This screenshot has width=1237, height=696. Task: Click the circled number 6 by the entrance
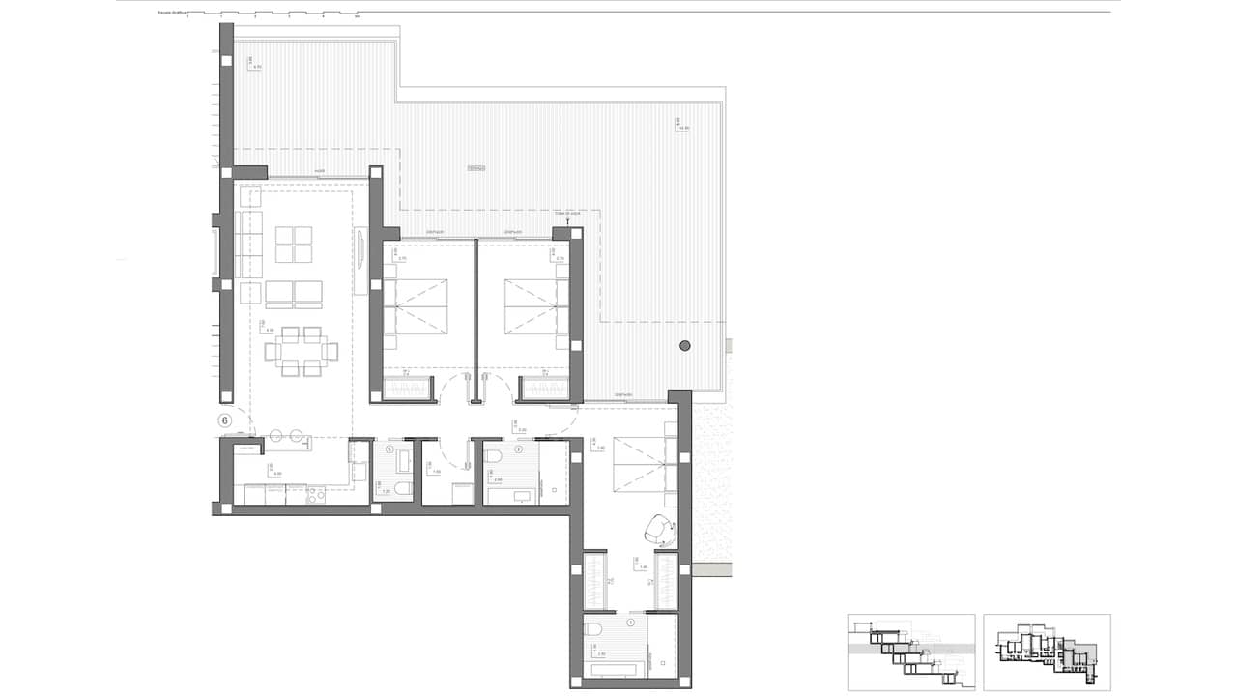225,420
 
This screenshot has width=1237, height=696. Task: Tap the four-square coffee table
294,245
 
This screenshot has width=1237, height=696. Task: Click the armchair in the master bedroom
660,528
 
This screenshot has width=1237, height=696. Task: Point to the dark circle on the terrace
685,345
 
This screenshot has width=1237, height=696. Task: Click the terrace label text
475,168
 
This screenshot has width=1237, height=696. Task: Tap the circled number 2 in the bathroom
519,449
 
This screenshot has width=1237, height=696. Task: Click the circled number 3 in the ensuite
631,623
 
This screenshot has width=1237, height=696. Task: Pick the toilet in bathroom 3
594,631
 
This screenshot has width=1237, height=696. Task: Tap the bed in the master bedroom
639,463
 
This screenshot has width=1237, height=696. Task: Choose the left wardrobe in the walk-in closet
595,580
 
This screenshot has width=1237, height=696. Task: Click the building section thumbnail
910,652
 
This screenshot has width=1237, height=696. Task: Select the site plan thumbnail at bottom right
1047,652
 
